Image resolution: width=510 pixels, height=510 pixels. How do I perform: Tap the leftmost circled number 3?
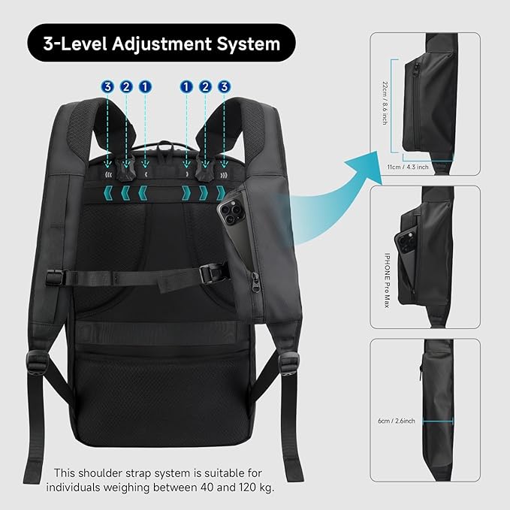click(x=107, y=87)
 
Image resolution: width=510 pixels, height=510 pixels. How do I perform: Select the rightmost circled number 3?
click(x=223, y=87)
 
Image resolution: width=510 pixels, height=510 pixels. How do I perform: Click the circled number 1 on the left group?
click(x=144, y=87)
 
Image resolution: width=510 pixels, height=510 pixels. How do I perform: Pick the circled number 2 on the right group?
click(x=205, y=87)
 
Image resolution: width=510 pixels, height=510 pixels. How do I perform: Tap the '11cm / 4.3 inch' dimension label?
click(x=408, y=167)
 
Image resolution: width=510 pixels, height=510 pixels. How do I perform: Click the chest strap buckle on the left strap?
click(x=54, y=276)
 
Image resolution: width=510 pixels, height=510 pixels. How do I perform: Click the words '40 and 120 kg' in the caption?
click(x=239, y=487)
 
